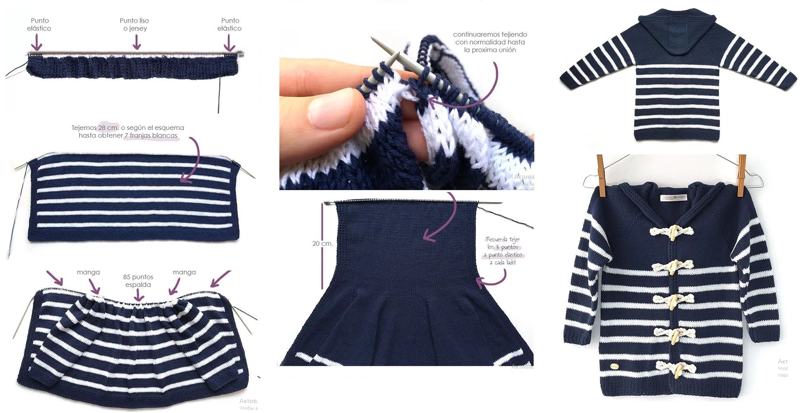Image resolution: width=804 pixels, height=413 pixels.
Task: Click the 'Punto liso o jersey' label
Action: (134, 25)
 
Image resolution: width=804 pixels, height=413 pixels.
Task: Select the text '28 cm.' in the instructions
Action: (108, 128)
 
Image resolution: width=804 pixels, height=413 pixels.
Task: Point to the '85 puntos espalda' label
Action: (138, 281)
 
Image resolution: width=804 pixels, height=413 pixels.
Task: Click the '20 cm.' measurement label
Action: (322, 243)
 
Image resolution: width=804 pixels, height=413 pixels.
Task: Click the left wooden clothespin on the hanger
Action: (601, 175)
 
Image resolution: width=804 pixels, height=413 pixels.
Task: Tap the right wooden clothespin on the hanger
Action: (742, 175)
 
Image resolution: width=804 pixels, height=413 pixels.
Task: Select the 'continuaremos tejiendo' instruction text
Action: (490, 42)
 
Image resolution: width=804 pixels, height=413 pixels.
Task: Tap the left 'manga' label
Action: (88, 272)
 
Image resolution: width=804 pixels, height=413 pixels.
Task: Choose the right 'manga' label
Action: (184, 272)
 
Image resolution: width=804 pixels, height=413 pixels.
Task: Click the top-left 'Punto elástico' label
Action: (39, 25)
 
